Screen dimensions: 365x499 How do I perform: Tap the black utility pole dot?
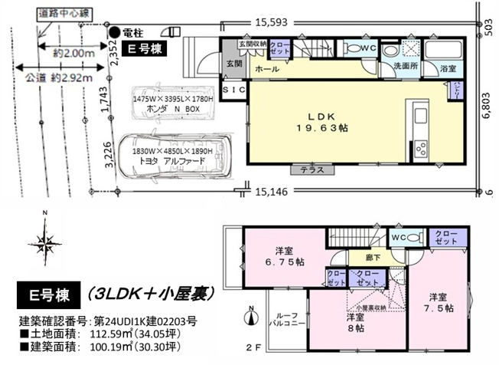pyautogui.click(x=114, y=32)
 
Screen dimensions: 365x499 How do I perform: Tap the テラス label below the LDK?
pyautogui.click(x=311, y=170)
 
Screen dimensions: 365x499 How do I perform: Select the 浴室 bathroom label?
pyautogui.click(x=446, y=69)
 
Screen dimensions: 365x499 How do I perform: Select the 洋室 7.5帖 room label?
pyautogui.click(x=439, y=302)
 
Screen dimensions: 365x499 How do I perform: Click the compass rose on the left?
pyautogui.click(x=46, y=245)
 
